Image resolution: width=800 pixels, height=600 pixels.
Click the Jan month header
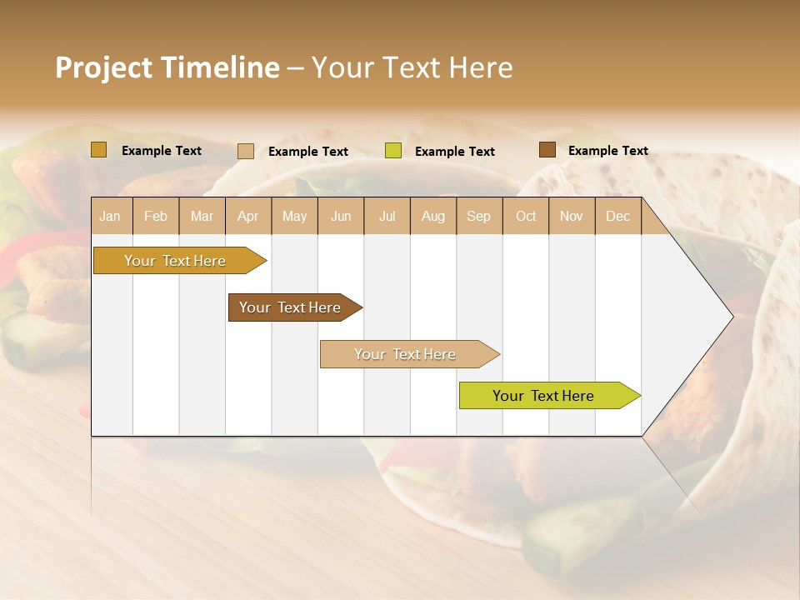[x=111, y=216]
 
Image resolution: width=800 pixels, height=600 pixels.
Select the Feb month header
[x=156, y=216]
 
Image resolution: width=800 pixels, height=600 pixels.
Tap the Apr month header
[x=248, y=216]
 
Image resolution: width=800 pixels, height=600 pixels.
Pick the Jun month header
[x=341, y=216]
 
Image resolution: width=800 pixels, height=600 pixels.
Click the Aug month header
[x=433, y=216]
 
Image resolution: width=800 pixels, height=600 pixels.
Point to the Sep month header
[x=479, y=216]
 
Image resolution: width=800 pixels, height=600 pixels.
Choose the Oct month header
[x=526, y=216]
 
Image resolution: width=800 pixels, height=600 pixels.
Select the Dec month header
[x=618, y=216]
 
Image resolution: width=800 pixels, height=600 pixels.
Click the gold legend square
[x=99, y=150]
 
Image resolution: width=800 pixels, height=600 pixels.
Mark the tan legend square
[x=246, y=151]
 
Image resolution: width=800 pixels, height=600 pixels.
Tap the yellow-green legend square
[x=393, y=151]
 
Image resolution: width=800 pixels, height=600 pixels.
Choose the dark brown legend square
[x=547, y=150]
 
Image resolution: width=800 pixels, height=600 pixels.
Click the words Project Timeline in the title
[x=167, y=67]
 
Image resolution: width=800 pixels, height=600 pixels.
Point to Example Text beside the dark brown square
[x=608, y=151]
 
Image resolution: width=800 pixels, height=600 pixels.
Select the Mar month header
[x=202, y=216]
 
